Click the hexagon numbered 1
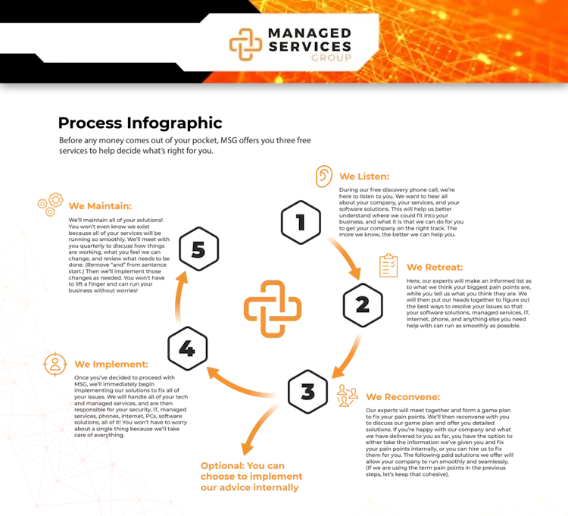pos(301,223)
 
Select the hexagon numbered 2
pos(363,305)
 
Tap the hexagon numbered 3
pos(307,392)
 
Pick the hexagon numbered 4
pos(187,349)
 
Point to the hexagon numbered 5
pos(198,249)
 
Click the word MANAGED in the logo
pos(310,33)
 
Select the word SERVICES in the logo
pos(310,46)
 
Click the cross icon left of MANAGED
pos(245,44)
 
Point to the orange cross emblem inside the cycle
pos(273,308)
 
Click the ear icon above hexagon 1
pos(323,176)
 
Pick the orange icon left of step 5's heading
pos(50,205)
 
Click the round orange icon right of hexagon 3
pos(345,396)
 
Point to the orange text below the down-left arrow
pos(251,475)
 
